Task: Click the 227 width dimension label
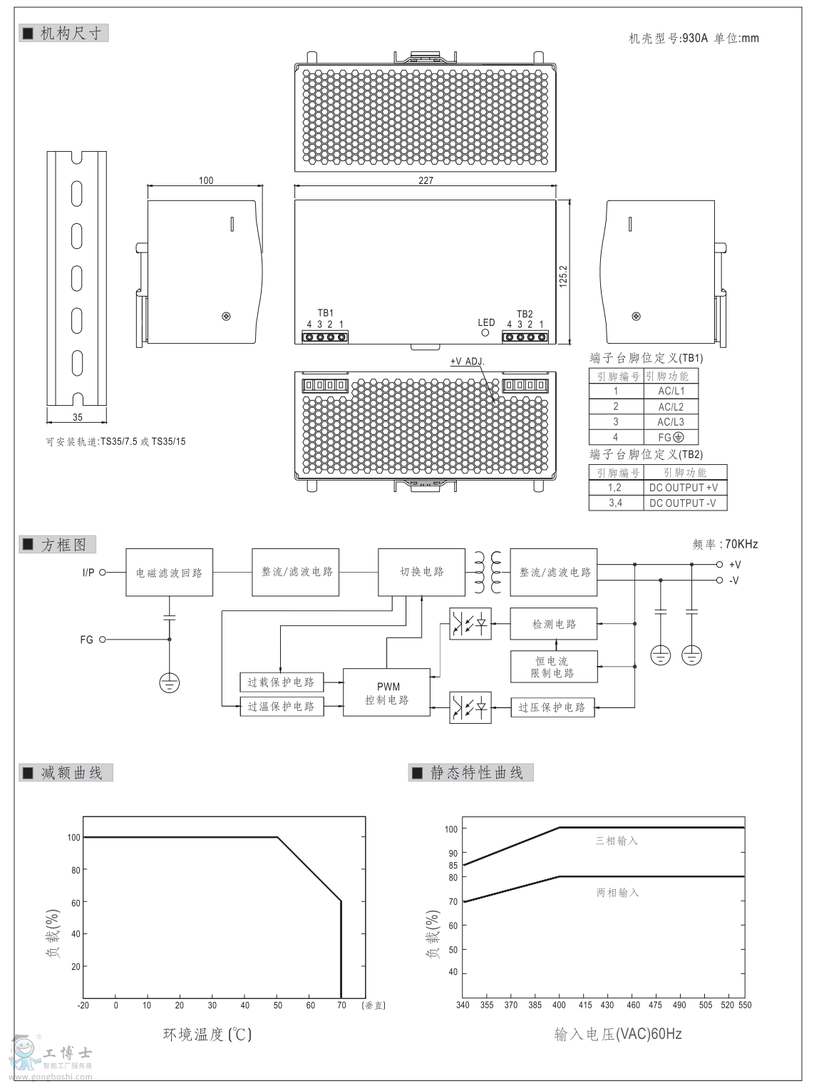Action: pyautogui.click(x=426, y=180)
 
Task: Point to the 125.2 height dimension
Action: pyautogui.click(x=563, y=276)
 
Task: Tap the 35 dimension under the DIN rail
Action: pyautogui.click(x=77, y=417)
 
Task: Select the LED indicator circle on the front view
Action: pyautogui.click(x=487, y=333)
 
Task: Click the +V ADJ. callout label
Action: pyautogui.click(x=467, y=362)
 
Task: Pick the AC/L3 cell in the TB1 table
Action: pyautogui.click(x=671, y=421)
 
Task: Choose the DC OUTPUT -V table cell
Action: pyautogui.click(x=683, y=503)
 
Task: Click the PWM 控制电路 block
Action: pyautogui.click(x=387, y=693)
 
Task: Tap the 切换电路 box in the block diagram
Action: pyautogui.click(x=421, y=572)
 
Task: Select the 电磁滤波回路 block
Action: pyautogui.click(x=169, y=573)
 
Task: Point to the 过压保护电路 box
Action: pyautogui.click(x=552, y=707)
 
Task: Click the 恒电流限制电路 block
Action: pyautogui.click(x=553, y=667)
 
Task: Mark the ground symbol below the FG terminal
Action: pyautogui.click(x=169, y=682)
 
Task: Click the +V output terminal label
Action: pyautogui.click(x=735, y=564)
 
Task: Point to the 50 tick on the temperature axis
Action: pyautogui.click(x=277, y=1005)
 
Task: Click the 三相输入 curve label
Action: pyautogui.click(x=617, y=841)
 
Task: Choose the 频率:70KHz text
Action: pyautogui.click(x=725, y=544)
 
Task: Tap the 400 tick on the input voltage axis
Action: pyautogui.click(x=559, y=1005)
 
